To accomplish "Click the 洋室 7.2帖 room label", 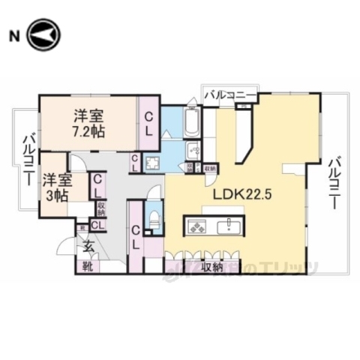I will (88, 123).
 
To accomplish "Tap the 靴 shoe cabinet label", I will (88, 266).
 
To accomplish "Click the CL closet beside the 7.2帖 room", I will (149, 122).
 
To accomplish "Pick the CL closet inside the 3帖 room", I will (98, 184).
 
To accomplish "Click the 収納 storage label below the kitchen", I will (211, 265).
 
